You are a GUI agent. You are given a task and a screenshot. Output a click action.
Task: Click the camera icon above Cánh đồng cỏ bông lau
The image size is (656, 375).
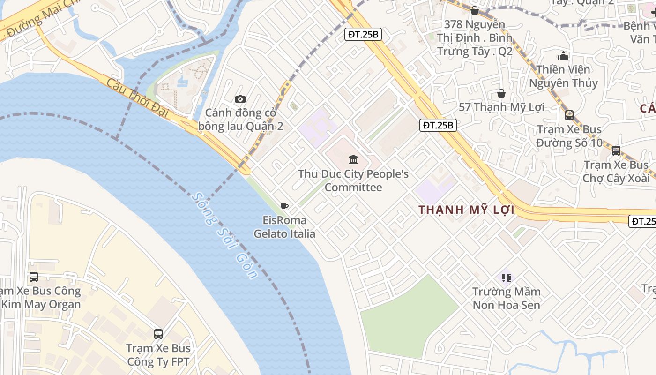[x=240, y=99]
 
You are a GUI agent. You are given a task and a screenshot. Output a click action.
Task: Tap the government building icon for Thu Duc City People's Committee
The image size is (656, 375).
[x=354, y=160]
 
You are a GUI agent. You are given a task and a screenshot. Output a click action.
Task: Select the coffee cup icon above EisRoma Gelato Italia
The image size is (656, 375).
[x=284, y=206]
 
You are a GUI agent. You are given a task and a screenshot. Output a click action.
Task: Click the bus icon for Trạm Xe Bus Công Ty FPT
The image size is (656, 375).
[x=158, y=334]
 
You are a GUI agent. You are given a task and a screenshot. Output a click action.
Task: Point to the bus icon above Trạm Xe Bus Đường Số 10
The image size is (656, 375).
[x=569, y=115]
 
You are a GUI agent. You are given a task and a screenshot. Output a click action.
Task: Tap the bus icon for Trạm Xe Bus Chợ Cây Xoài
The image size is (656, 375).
[x=616, y=151]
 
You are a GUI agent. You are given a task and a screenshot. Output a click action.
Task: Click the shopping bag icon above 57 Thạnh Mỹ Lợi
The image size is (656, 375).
[x=501, y=93]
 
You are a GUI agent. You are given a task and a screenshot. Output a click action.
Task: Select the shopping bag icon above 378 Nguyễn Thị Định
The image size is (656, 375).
[x=475, y=10]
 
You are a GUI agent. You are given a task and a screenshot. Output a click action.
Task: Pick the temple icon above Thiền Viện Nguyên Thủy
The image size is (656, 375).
[x=563, y=56]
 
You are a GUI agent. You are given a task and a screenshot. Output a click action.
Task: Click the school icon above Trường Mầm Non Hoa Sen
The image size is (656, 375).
[x=506, y=278]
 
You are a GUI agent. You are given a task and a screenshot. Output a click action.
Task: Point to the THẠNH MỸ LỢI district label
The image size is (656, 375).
[x=466, y=210]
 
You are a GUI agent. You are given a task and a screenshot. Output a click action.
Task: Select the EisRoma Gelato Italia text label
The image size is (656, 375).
[x=284, y=227]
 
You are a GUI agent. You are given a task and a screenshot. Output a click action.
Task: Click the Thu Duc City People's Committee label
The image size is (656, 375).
[x=353, y=180]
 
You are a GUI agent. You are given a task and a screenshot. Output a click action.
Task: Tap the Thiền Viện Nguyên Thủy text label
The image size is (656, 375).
[x=563, y=76]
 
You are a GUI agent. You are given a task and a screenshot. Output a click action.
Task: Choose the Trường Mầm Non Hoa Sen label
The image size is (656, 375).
[x=506, y=298]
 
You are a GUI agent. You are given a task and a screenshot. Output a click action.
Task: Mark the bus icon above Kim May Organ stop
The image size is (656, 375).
[x=34, y=277]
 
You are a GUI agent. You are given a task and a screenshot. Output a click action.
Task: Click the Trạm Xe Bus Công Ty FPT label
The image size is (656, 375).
[x=158, y=355]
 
